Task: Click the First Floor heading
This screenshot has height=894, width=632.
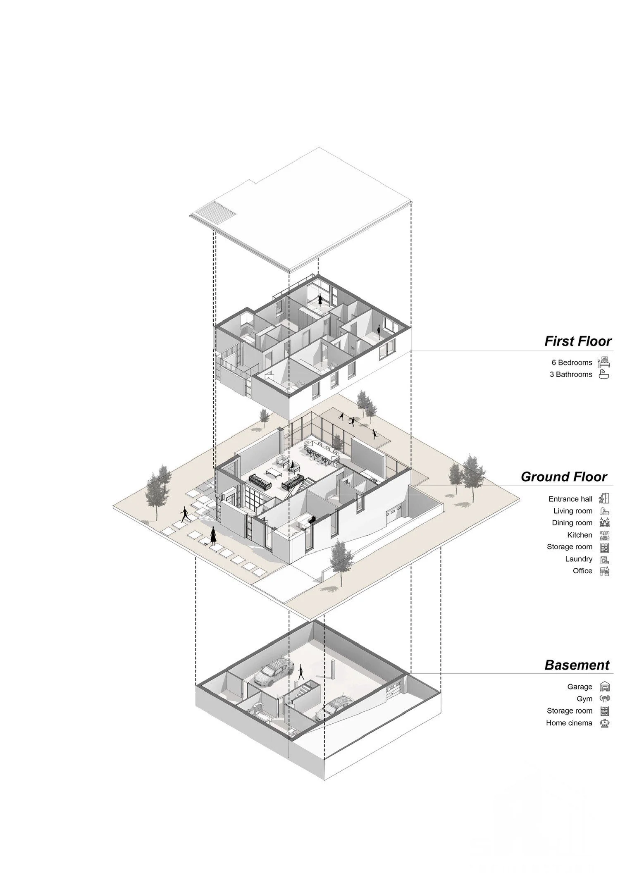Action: [577, 341]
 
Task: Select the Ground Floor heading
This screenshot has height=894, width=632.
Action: [564, 477]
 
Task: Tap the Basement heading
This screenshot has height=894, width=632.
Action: [577, 665]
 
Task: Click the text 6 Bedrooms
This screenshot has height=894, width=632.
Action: [572, 363]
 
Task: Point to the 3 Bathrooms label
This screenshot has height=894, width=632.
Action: [571, 375]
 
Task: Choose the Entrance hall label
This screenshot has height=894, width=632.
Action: [570, 499]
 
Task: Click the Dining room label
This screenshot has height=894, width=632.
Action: [572, 523]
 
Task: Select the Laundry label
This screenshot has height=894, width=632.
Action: [579, 559]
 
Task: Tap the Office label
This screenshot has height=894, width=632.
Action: [582, 571]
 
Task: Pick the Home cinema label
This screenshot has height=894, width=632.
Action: [569, 723]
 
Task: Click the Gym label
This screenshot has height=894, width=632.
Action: [584, 699]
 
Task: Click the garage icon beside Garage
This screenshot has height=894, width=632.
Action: [605, 687]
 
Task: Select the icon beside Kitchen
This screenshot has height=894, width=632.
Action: [605, 536]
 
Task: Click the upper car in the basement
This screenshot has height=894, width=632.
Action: [274, 673]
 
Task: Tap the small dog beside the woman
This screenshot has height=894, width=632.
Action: [206, 544]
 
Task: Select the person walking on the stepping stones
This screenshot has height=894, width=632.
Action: [184, 515]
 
